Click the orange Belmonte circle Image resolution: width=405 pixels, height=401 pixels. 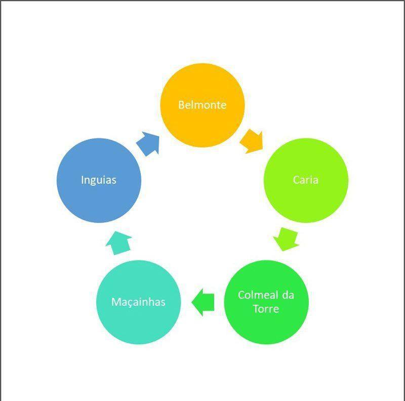click(x=202, y=105)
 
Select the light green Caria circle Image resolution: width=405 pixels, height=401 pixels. click(x=306, y=180)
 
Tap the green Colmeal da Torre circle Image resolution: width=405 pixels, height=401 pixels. click(x=266, y=302)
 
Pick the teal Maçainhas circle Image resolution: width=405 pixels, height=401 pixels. click(x=138, y=302)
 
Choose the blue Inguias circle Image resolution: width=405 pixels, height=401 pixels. click(x=99, y=180)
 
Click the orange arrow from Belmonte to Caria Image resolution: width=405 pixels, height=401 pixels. click(x=252, y=142)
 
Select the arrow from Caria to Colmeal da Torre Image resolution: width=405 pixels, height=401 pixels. click(x=286, y=239)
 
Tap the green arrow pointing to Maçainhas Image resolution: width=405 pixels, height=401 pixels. click(x=203, y=302)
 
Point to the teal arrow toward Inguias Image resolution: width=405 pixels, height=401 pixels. click(x=119, y=243)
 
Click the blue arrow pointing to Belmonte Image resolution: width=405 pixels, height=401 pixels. click(x=148, y=144)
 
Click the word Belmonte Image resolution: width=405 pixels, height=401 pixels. click(x=202, y=105)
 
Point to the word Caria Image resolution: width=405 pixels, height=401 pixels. click(x=306, y=180)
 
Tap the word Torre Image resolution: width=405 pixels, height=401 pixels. click(x=266, y=309)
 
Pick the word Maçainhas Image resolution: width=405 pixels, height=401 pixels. click(x=138, y=302)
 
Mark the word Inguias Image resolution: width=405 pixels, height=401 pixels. click(x=99, y=180)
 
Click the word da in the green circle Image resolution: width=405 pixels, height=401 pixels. click(x=288, y=295)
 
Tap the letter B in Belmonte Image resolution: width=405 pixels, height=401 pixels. click(x=181, y=105)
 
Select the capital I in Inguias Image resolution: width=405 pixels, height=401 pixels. click(x=83, y=180)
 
